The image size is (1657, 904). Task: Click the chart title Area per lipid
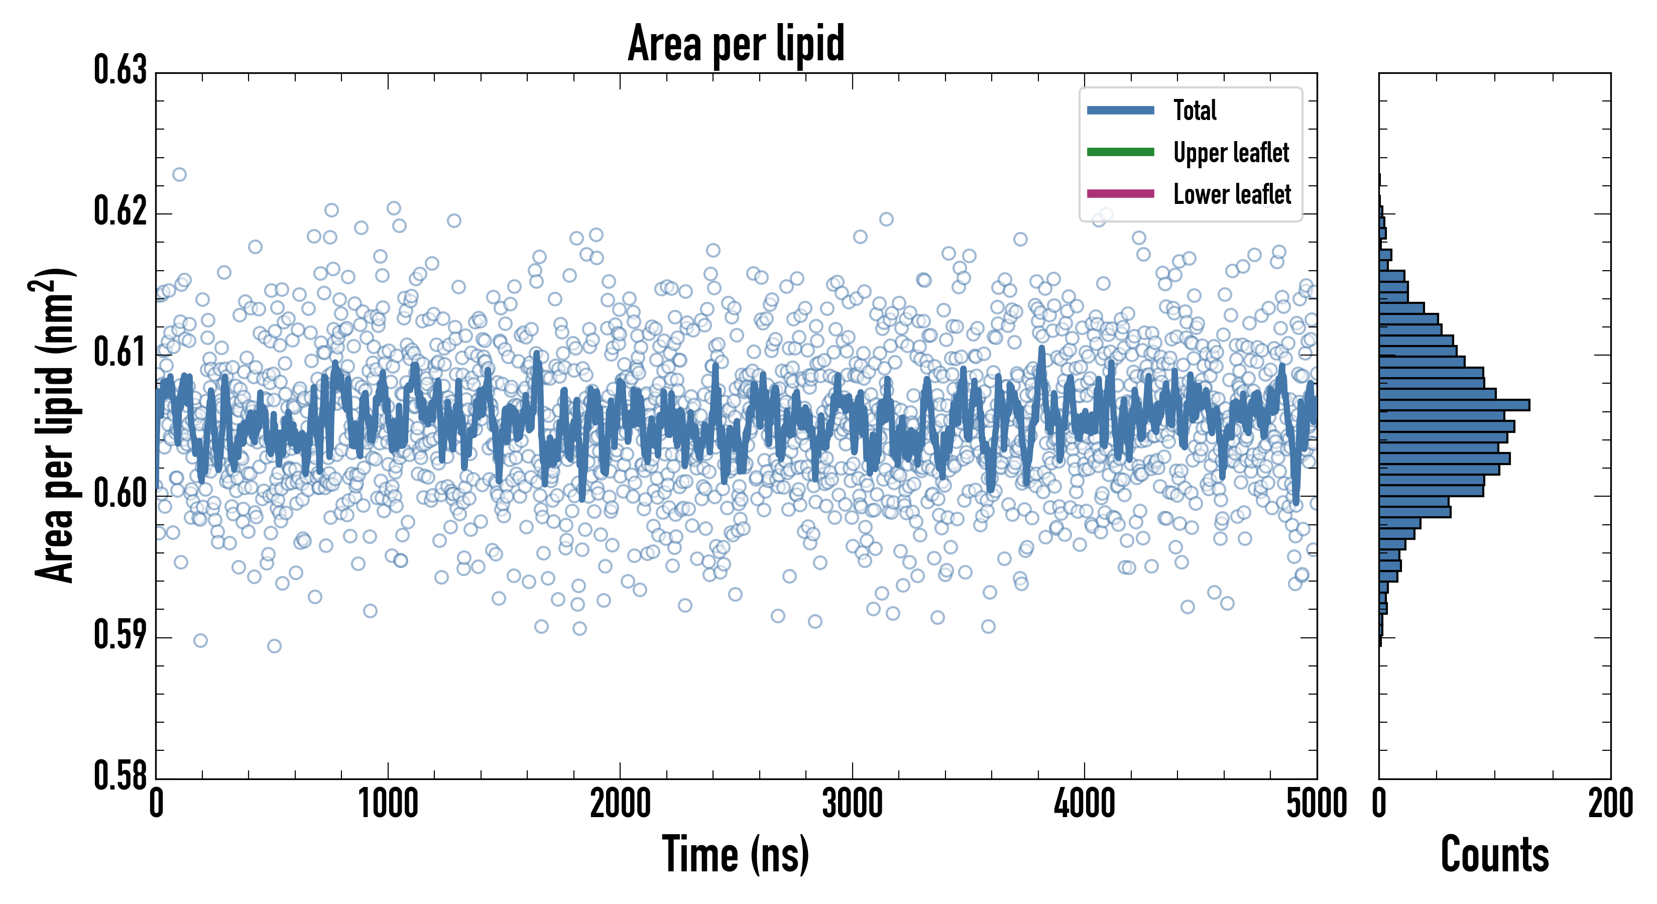tap(736, 44)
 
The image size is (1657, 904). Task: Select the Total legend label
tap(1195, 110)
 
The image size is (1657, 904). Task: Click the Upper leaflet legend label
tap(1231, 153)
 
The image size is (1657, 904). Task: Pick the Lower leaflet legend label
tap(1232, 194)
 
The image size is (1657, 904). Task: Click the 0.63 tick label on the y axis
tap(121, 71)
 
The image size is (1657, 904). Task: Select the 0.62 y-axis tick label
tap(121, 211)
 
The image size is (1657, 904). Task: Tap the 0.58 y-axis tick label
tap(121, 776)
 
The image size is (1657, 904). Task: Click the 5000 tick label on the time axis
tap(1316, 804)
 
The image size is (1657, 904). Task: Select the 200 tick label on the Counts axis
tap(1610, 804)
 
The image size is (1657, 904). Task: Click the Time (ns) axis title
tap(736, 854)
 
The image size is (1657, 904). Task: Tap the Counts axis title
tap(1494, 854)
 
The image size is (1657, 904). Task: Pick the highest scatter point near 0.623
tap(179, 174)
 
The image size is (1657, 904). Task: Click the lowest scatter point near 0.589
tap(274, 646)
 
